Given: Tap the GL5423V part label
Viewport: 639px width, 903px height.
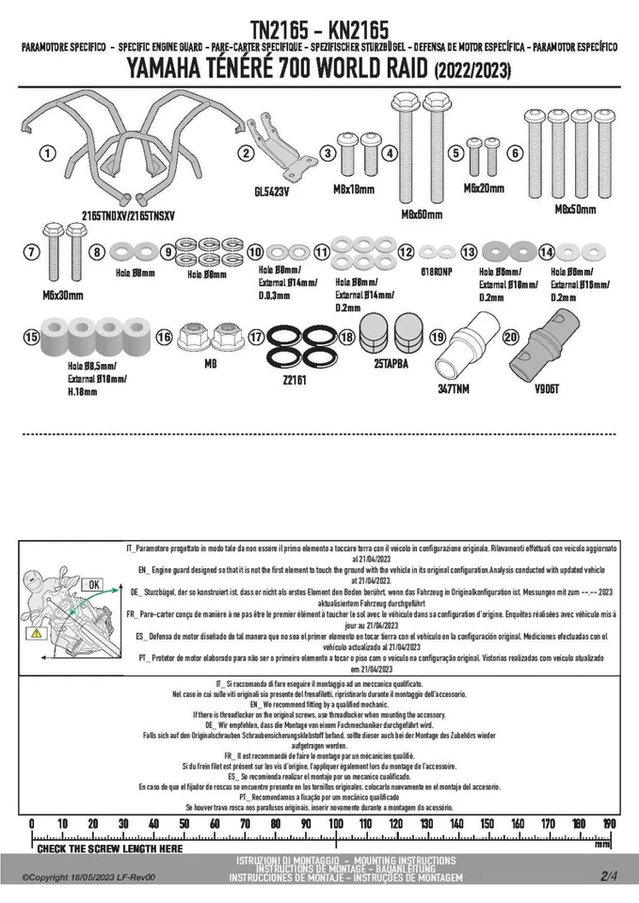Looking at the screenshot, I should coord(271,191).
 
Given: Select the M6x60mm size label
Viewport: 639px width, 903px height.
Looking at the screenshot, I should coord(422,214).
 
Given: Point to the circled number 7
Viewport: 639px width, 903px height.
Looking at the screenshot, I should coord(31,251).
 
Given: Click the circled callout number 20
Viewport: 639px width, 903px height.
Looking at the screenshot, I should coord(511,337).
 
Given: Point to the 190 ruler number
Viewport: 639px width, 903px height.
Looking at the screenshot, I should coord(609,824).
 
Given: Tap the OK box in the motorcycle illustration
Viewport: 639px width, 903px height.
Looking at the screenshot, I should coord(95,583).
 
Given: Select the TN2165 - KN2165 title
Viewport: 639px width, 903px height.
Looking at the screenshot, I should coord(319,31).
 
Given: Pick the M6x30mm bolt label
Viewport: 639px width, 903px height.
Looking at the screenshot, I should coord(63,294).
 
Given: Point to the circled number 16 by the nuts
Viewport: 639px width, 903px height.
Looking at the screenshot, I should coord(164,337).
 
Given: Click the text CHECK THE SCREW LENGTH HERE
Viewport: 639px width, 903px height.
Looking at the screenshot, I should coord(110,848).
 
